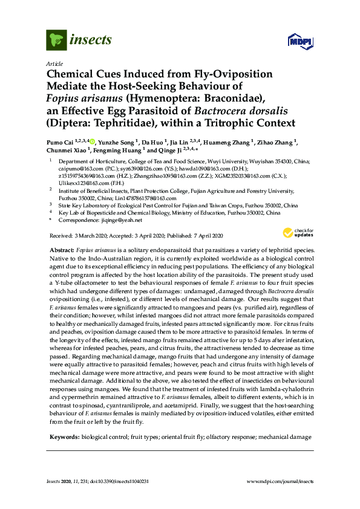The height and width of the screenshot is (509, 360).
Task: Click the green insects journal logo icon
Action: [x=57, y=41]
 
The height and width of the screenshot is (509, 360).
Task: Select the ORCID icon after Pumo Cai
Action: [x=93, y=141]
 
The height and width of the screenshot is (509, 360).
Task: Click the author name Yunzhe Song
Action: [x=117, y=141]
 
